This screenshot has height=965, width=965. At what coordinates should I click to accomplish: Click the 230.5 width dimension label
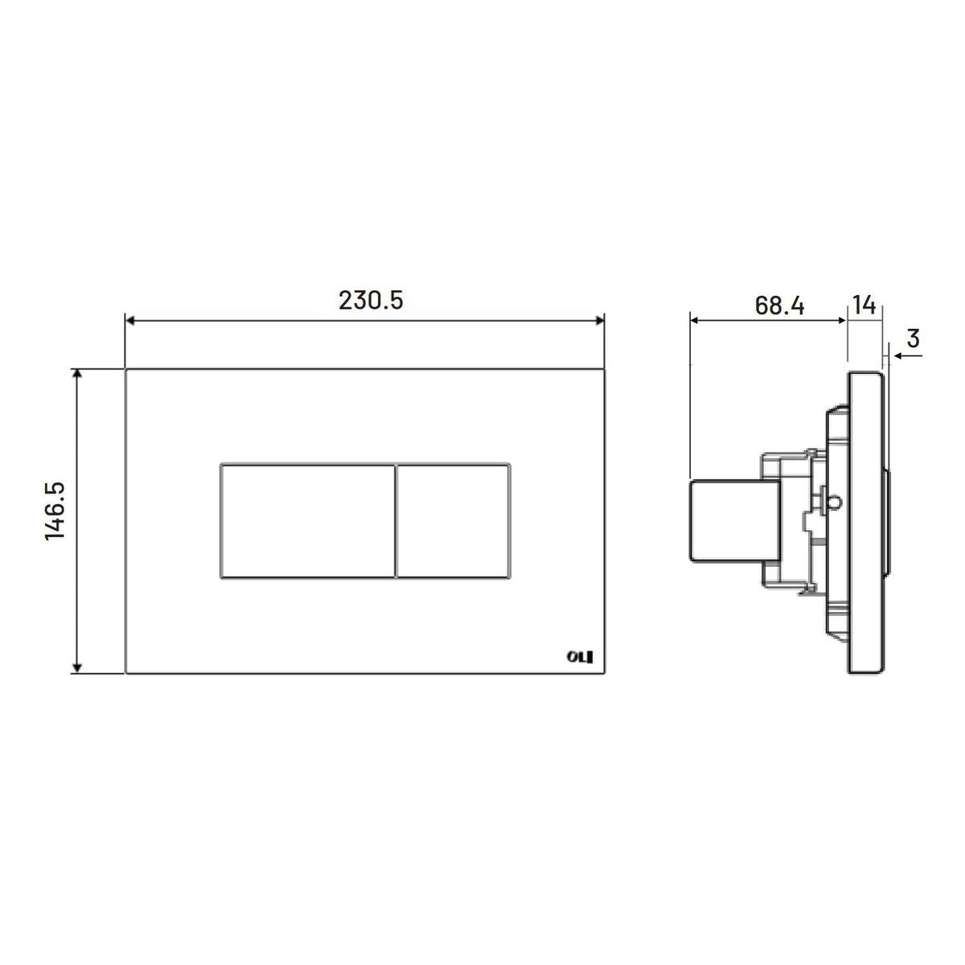point(371,301)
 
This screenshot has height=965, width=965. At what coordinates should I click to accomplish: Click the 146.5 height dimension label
point(55,511)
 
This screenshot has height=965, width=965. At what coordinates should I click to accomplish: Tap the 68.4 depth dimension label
point(779,306)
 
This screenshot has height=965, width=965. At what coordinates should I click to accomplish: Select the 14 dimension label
point(864,305)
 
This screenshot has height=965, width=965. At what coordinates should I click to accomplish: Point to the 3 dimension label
point(914,339)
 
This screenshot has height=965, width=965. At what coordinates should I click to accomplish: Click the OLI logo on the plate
point(580,656)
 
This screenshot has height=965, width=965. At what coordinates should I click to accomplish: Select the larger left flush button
point(308,521)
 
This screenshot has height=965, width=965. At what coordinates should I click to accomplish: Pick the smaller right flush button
point(454,521)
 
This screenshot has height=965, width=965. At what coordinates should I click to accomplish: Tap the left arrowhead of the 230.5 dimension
point(129,321)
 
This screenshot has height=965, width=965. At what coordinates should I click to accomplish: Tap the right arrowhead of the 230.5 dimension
point(599,321)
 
